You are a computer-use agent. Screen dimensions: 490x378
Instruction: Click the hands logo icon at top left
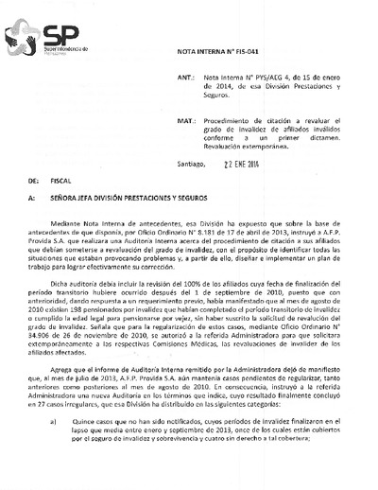[21, 39]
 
